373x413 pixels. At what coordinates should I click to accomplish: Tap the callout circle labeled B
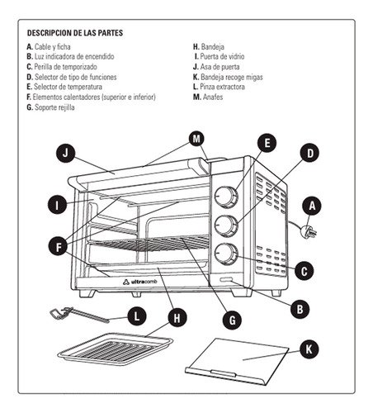tap(301, 309)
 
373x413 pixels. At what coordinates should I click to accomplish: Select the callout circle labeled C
tap(304, 269)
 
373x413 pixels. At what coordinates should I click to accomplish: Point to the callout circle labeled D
tap(307, 153)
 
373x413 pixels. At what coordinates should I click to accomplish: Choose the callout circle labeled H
tap(175, 317)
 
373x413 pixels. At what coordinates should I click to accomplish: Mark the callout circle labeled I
tap(56, 204)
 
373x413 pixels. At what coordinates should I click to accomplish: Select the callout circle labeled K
tap(308, 349)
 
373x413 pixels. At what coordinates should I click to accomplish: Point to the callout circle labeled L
tap(138, 316)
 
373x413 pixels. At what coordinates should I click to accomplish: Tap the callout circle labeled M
tap(196, 139)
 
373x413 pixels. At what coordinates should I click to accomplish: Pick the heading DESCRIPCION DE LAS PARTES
tap(74, 34)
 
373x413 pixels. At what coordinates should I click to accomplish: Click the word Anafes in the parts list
tap(214, 97)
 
